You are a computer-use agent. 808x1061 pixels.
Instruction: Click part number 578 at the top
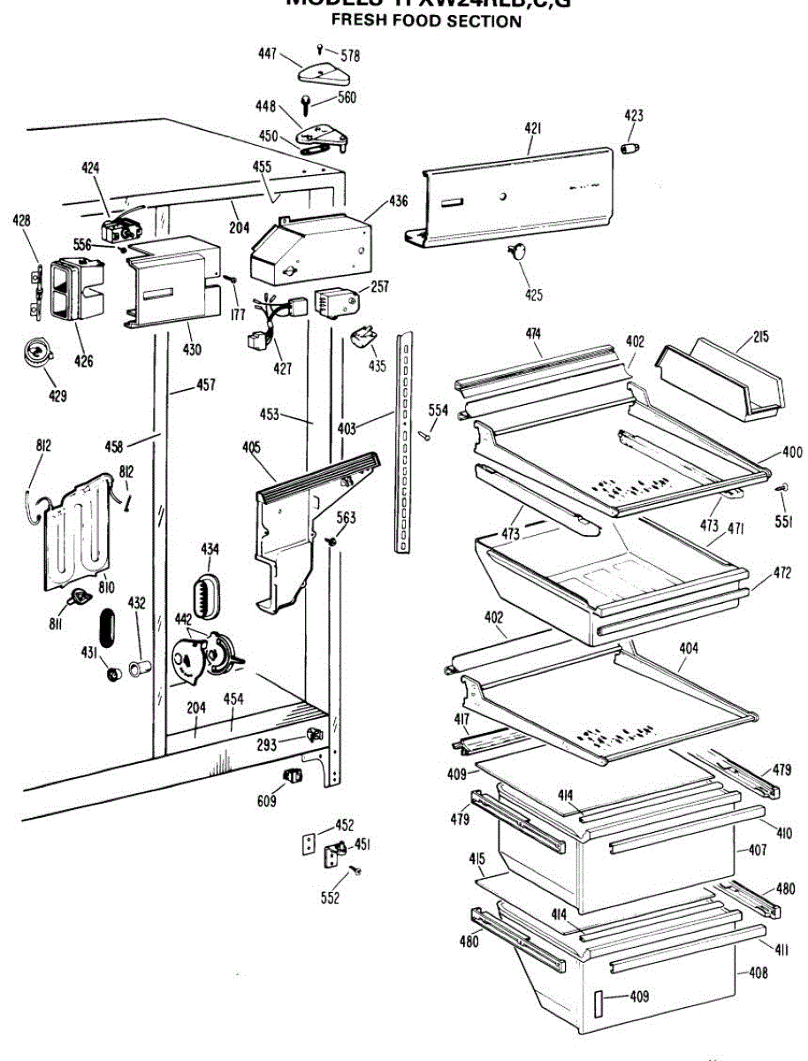tap(350, 56)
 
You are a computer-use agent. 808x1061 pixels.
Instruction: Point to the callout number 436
tap(398, 202)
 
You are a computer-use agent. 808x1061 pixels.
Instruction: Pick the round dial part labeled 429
tap(36, 354)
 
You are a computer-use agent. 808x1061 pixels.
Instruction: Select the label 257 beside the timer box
tap(379, 286)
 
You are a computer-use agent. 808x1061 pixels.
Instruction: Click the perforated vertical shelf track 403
tap(404, 442)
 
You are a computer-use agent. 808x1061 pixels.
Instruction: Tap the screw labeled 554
tap(424, 432)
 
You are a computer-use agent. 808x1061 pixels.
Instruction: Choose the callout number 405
tap(251, 447)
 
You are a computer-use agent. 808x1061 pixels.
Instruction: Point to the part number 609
tap(266, 801)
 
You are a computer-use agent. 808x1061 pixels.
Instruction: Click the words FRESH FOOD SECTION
tap(426, 20)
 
